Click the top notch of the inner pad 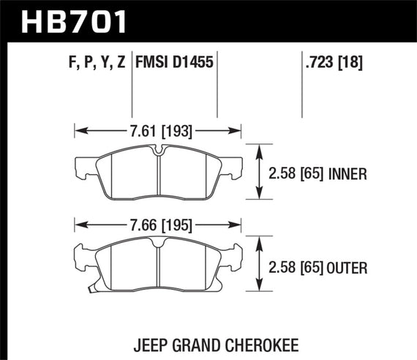tap(159, 151)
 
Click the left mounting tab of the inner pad tap(83, 167)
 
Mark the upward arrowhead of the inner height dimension tap(258, 149)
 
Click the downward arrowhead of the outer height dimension tap(258, 287)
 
